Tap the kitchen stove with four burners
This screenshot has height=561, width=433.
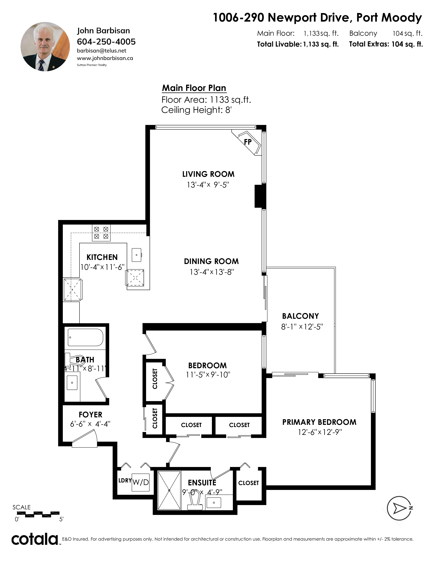tap(101, 233)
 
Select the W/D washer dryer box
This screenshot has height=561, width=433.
tap(141, 482)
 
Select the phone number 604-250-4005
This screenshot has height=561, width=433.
tap(106, 42)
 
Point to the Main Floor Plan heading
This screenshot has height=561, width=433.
tap(194, 88)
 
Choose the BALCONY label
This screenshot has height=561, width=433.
tap(300, 316)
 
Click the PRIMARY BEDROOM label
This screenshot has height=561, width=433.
tap(319, 422)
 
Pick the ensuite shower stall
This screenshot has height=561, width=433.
tap(169, 490)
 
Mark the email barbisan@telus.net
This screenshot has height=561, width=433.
tap(102, 51)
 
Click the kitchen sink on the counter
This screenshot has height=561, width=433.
tap(137, 255)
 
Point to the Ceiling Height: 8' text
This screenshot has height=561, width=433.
tap(196, 110)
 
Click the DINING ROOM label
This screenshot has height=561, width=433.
tap(211, 261)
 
